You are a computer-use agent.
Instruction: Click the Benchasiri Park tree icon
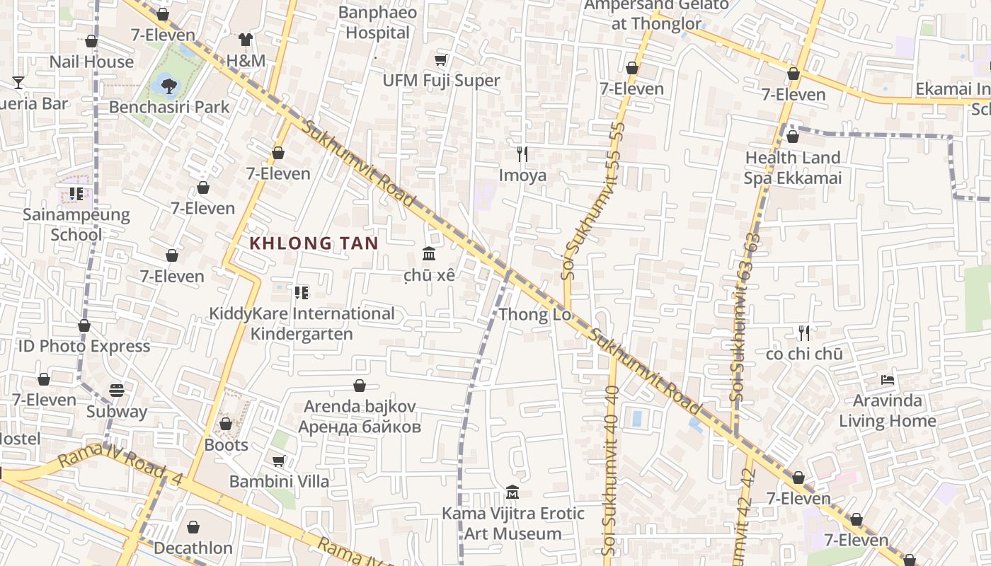(168, 86)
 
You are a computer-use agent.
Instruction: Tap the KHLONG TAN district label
(314, 243)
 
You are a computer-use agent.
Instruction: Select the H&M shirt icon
(245, 40)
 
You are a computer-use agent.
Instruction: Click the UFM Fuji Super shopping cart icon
(441, 60)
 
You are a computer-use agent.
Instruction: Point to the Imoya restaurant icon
(522, 154)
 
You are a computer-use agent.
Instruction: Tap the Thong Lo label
(534, 315)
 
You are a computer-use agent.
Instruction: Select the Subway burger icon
(117, 391)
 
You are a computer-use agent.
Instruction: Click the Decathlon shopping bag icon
(193, 527)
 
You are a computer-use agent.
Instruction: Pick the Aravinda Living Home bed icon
(888, 380)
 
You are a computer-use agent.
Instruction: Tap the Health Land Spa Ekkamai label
(793, 168)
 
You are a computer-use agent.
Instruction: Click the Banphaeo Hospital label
(377, 23)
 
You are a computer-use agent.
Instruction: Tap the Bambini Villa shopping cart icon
(279, 461)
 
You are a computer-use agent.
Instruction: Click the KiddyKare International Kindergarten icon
(302, 292)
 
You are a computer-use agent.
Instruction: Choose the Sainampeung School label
(76, 224)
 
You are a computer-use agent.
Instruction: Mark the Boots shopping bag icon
(226, 424)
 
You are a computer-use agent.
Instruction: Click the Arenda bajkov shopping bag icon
(360, 386)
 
